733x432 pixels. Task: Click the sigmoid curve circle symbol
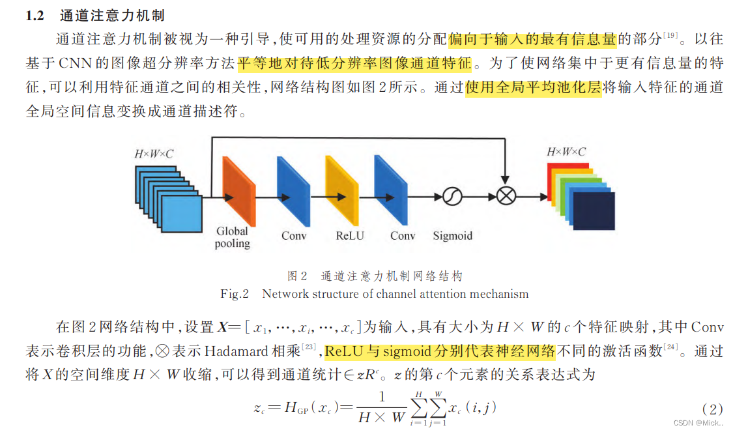tap(452, 195)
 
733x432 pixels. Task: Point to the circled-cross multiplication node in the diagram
tap(505, 195)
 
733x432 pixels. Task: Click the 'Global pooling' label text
tap(233, 237)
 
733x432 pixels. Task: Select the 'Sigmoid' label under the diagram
tap(452, 235)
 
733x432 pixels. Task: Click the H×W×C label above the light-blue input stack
tap(154, 154)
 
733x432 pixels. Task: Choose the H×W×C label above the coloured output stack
tap(566, 152)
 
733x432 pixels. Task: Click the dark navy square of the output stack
tap(594, 211)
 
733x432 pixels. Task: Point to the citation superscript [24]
tap(672, 348)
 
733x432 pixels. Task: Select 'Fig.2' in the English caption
tap(235, 294)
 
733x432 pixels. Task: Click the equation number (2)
tap(712, 410)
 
